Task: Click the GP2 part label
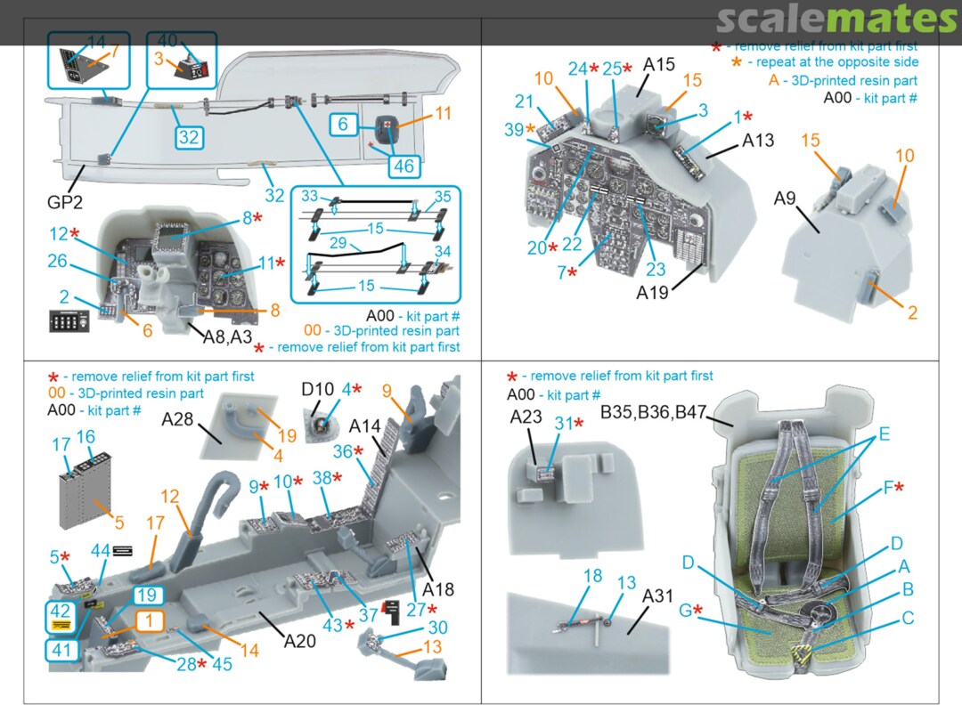[x=66, y=202]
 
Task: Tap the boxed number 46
[x=403, y=166]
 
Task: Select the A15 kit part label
[x=659, y=65]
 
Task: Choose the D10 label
[x=316, y=389]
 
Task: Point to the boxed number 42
[x=61, y=612]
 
